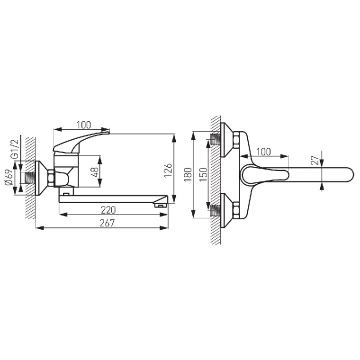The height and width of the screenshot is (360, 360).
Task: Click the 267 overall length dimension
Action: [x=107, y=223]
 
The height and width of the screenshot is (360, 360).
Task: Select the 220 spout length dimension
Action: [x=108, y=210]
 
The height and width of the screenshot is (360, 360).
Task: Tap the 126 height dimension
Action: [x=168, y=170]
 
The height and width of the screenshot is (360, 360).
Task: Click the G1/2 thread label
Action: [x=14, y=149]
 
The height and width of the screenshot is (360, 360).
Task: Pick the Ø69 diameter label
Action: [x=8, y=177]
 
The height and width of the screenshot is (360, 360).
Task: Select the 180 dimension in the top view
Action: [x=188, y=174]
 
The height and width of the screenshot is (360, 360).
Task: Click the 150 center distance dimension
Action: [x=203, y=174]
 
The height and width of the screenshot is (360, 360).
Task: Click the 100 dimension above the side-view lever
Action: [x=83, y=125]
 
